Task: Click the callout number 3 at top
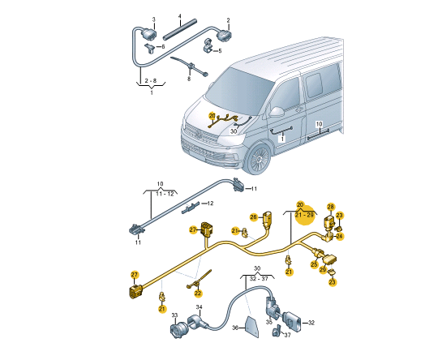154,19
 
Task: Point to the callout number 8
188,78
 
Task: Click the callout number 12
209,203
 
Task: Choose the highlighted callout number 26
254,216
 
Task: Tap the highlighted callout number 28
330,207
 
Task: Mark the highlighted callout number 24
340,237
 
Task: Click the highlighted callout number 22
197,292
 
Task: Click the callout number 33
174,315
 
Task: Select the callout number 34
199,307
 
